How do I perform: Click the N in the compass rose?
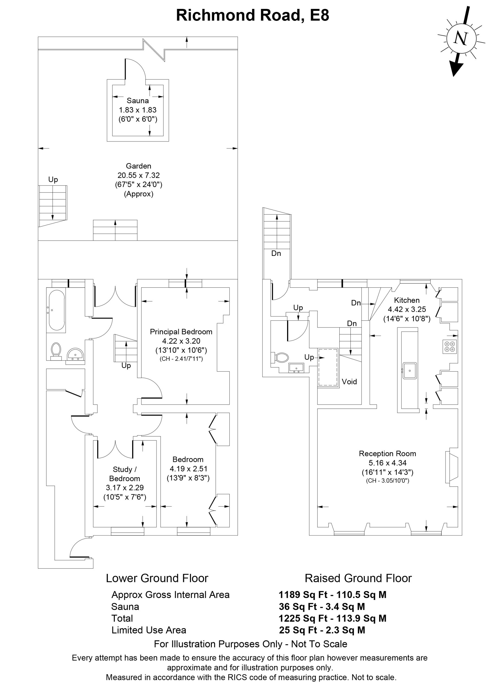pyautogui.click(x=460, y=38)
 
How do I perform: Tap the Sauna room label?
pyautogui.click(x=138, y=101)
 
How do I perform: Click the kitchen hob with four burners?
pyautogui.click(x=450, y=346)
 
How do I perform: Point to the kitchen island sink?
pyautogui.click(x=410, y=371)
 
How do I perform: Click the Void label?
pyautogui.click(x=349, y=382)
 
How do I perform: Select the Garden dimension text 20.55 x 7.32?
pyautogui.click(x=138, y=175)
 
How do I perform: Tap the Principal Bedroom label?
pyautogui.click(x=181, y=332)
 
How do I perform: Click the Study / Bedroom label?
pyautogui.click(x=125, y=474)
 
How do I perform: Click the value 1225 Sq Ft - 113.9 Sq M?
pyautogui.click(x=332, y=618)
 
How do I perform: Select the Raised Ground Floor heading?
pyautogui.click(x=358, y=578)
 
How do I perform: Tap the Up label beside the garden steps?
pyautogui.click(x=53, y=180)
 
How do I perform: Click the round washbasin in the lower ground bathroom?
pyautogui.click(x=75, y=355)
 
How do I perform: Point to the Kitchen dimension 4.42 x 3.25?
pyautogui.click(x=407, y=309)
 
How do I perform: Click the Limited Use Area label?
pyautogui.click(x=149, y=630)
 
